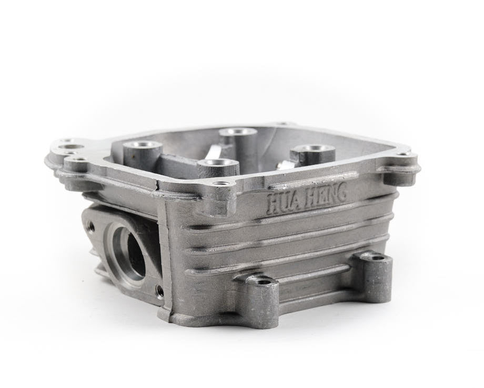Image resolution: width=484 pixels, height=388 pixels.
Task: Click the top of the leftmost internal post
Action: click(142, 145)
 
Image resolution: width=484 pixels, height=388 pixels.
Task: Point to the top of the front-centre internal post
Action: click(218, 163)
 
